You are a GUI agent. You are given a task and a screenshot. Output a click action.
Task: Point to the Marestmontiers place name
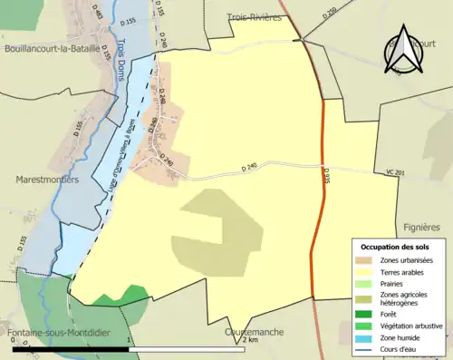click(47, 180)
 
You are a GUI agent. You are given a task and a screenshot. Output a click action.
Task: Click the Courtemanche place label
click(254, 332)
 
